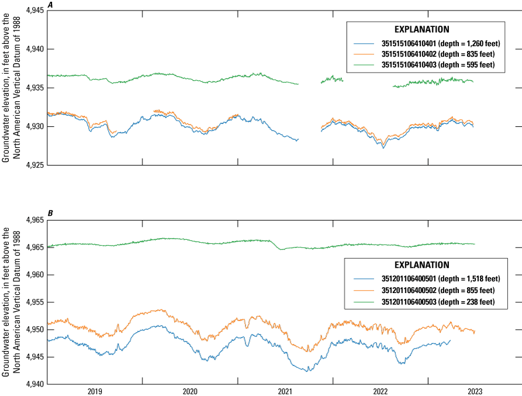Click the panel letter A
click(x=50, y=5)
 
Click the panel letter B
click(x=50, y=214)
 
